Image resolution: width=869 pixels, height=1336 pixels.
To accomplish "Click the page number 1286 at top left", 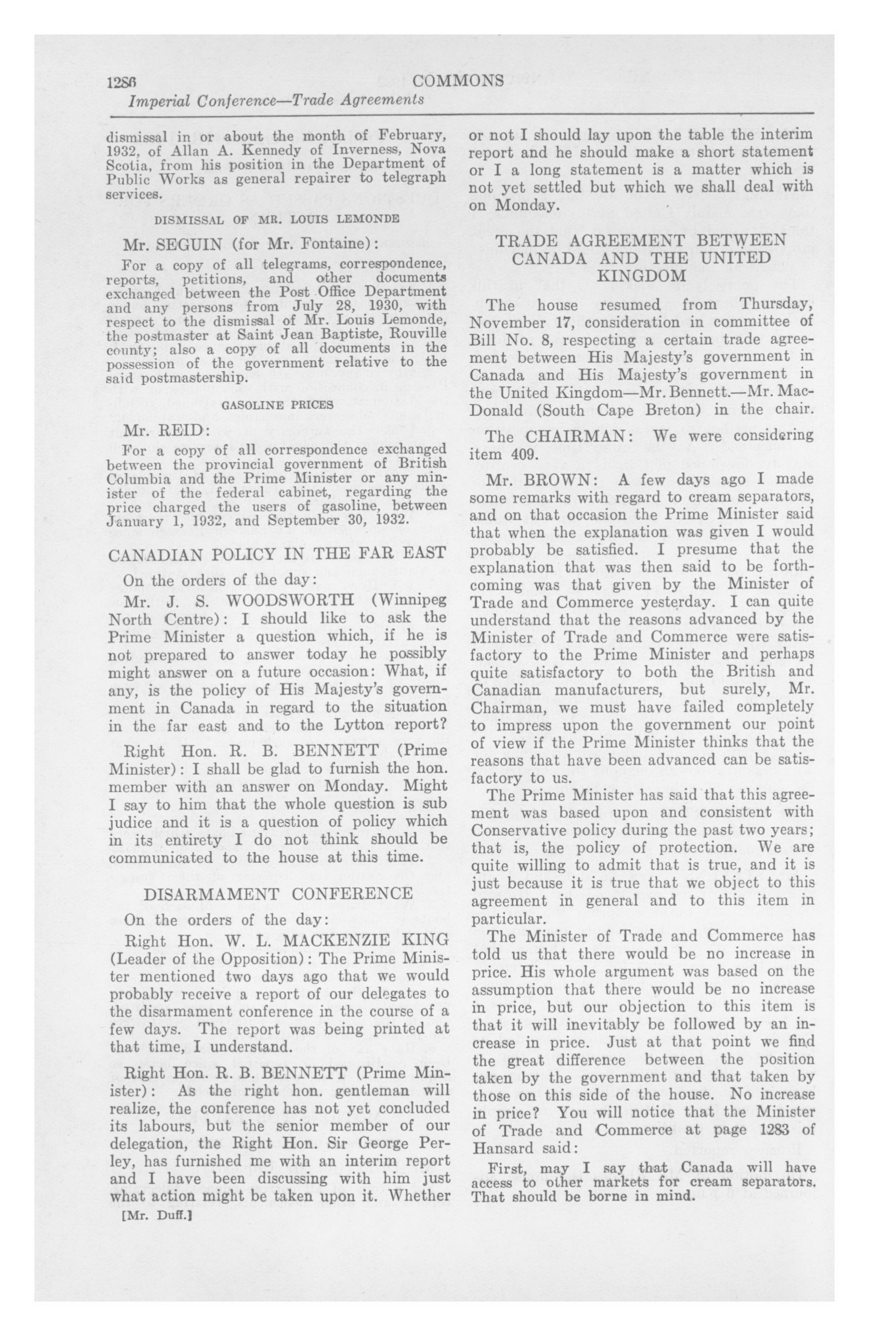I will (122, 82).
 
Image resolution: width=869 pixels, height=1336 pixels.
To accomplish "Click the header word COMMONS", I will (457, 81).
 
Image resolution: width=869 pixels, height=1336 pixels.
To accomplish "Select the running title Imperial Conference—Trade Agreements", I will (276, 101).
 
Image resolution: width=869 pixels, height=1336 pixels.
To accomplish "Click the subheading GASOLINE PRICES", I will (278, 404).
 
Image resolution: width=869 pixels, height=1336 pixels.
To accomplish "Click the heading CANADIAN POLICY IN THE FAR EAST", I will (276, 555).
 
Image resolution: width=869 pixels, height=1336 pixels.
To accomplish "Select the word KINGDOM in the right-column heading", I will (641, 276).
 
